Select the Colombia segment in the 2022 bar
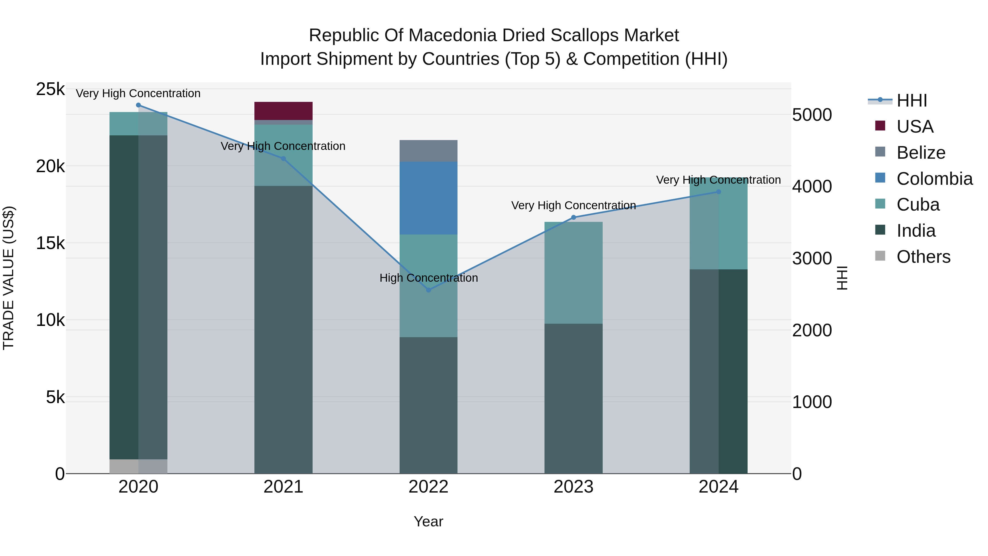point(428,198)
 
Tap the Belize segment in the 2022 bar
point(428,151)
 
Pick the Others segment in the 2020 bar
point(139,466)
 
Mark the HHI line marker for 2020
point(139,105)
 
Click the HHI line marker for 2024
point(718,192)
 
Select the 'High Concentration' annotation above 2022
point(428,278)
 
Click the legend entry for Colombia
point(934,179)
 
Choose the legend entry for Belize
point(920,153)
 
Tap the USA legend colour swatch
point(880,126)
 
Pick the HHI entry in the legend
point(911,100)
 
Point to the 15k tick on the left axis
point(50,243)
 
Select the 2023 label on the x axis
point(573,487)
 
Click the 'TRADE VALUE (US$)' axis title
point(9,278)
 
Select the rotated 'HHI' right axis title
point(842,278)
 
